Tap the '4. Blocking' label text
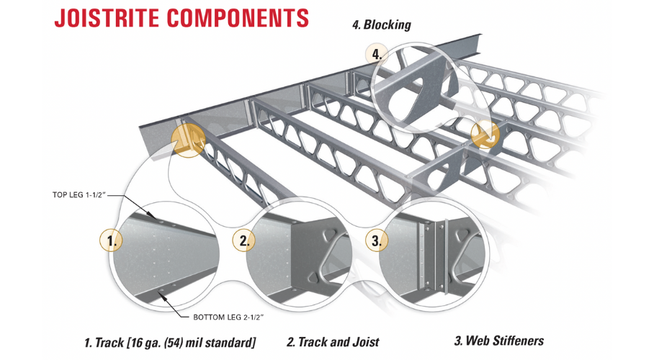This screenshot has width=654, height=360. [381, 25]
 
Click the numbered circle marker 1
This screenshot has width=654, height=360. [111, 240]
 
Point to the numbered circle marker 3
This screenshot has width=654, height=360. [375, 240]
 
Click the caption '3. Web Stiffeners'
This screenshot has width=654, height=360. [498, 341]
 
